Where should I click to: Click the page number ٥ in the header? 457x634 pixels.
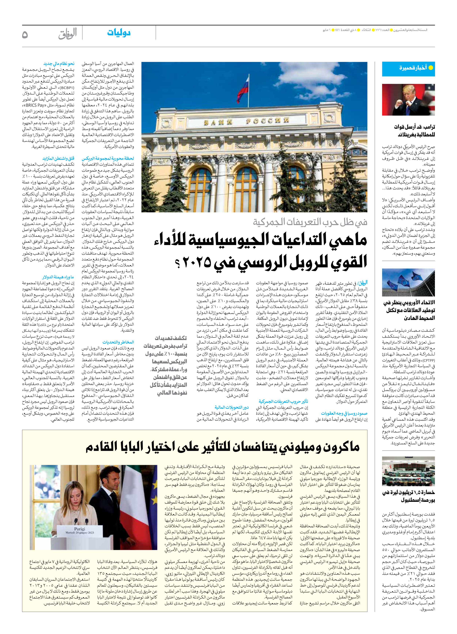point(25,35)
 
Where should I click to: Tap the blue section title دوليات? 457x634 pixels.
point(119,33)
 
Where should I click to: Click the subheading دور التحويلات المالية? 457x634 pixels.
point(231,407)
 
